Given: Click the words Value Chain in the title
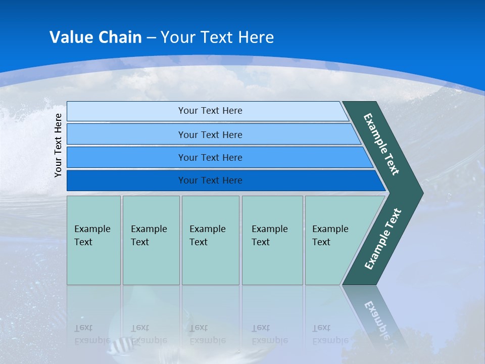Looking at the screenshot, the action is (x=95, y=37).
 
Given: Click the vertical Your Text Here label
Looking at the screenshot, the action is (x=59, y=145).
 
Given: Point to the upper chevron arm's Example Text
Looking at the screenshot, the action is (x=381, y=144).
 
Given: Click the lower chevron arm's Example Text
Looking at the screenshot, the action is (x=382, y=239).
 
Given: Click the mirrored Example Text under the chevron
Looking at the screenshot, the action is (x=380, y=323).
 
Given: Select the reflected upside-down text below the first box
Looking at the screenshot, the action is (x=92, y=334).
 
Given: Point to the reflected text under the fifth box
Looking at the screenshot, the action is (x=330, y=334).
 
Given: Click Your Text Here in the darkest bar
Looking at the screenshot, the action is (x=210, y=180).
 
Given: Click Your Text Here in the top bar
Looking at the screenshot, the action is (x=210, y=111).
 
